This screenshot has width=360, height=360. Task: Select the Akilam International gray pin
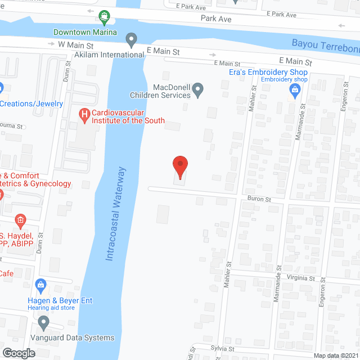[132, 40]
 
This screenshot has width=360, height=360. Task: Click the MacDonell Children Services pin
[198, 88]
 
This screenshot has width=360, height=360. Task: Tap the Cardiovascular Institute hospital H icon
[84, 116]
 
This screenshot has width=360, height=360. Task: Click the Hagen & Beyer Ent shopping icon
[40, 286]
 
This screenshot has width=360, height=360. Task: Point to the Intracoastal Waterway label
[116, 214]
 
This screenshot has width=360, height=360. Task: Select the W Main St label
[69, 43]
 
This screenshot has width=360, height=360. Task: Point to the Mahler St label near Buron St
[228, 276]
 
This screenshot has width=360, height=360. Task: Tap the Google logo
[19, 353]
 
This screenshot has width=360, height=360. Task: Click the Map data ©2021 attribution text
[336, 355]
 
